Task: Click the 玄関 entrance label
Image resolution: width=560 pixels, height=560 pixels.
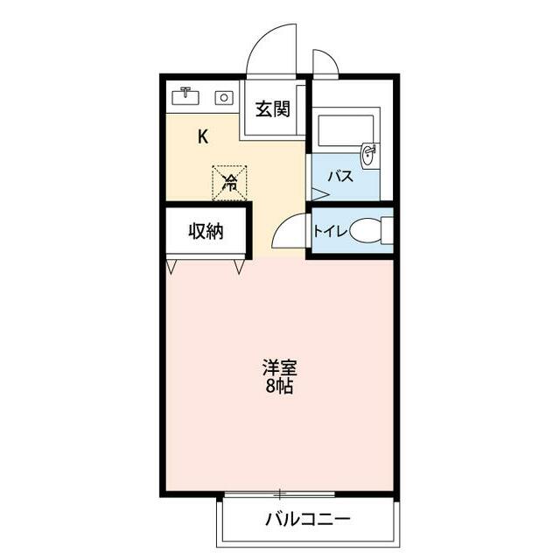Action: tap(272, 109)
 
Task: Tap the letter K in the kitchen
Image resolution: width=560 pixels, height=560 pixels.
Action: tap(203, 136)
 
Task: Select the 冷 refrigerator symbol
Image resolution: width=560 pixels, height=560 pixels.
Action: tap(230, 182)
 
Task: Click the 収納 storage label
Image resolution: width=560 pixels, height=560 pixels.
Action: tap(206, 232)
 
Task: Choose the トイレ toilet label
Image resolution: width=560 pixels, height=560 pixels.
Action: tap(331, 232)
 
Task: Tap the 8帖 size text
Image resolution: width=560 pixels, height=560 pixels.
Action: tap(279, 387)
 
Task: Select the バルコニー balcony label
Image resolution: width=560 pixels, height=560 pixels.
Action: tap(308, 520)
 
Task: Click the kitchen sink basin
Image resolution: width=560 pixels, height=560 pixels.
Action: tap(185, 97)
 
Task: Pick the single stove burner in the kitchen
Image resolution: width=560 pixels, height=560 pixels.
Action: tap(225, 98)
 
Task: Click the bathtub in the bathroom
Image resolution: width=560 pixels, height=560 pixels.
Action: tap(345, 129)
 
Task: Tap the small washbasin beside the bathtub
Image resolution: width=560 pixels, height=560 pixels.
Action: tap(370, 155)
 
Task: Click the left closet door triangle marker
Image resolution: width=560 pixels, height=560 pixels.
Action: tap(171, 264)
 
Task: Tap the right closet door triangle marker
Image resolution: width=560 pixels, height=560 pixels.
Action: tap(239, 264)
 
